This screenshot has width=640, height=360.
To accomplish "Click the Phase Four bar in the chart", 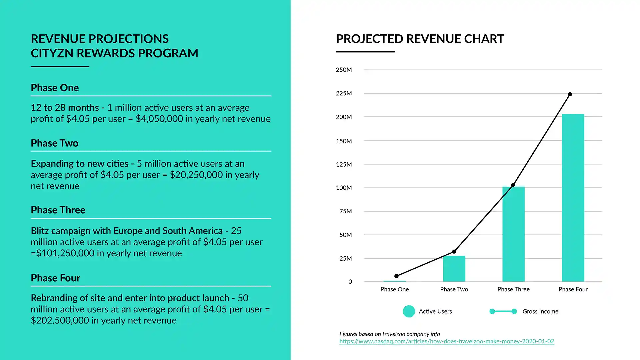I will (x=573, y=198).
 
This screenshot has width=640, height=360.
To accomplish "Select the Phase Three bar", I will (x=513, y=234).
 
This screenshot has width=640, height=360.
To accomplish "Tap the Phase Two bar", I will (x=454, y=269).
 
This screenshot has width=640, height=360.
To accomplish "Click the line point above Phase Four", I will (x=570, y=94).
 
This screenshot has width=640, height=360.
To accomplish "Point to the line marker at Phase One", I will (x=396, y=276).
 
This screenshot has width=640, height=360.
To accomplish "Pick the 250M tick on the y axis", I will (x=344, y=70).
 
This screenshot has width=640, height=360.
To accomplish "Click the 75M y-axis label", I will (x=345, y=211).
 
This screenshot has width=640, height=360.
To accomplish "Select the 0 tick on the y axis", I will (x=350, y=282).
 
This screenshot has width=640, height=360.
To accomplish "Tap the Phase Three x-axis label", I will (x=513, y=289).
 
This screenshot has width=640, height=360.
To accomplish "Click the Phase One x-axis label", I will (x=394, y=289).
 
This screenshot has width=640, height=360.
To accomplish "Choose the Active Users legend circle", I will (x=409, y=311).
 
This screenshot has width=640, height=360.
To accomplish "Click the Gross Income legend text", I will (x=540, y=311).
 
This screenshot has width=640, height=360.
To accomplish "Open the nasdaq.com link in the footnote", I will (x=447, y=341).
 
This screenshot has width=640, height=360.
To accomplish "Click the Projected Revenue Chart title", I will (x=420, y=39).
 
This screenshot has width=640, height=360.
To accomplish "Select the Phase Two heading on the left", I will (x=55, y=143).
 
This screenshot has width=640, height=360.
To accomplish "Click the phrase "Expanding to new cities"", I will (x=80, y=164).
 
